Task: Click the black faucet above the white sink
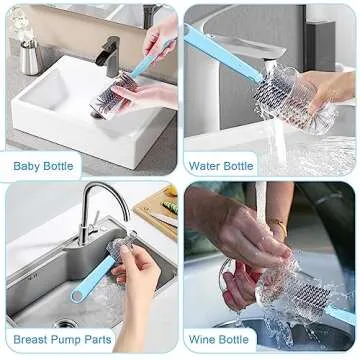pos(108,55)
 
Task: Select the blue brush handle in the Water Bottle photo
pos(220,50)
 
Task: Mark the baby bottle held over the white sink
pos(112,95)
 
